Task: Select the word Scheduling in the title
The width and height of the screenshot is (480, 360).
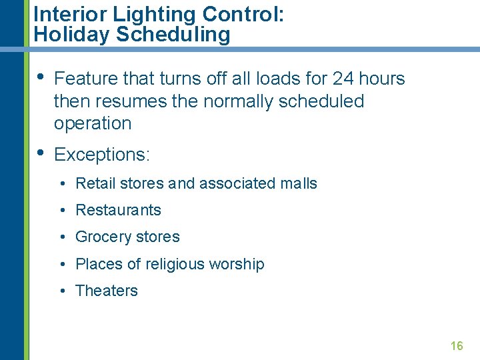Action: coord(173,35)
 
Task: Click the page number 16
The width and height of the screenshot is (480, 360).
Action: coord(457,345)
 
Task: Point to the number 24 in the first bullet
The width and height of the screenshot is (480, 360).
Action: coord(343,79)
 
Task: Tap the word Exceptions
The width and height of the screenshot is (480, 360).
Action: coord(102,155)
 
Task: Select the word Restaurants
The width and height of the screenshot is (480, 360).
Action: coord(119,210)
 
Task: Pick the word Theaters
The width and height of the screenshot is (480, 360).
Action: coord(107,291)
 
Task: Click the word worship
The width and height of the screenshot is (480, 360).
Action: coord(237,264)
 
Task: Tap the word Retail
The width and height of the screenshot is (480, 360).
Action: coord(94,183)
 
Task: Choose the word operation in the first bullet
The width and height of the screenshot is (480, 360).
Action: coord(93,123)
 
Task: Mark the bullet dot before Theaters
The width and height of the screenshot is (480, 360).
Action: coord(61,291)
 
